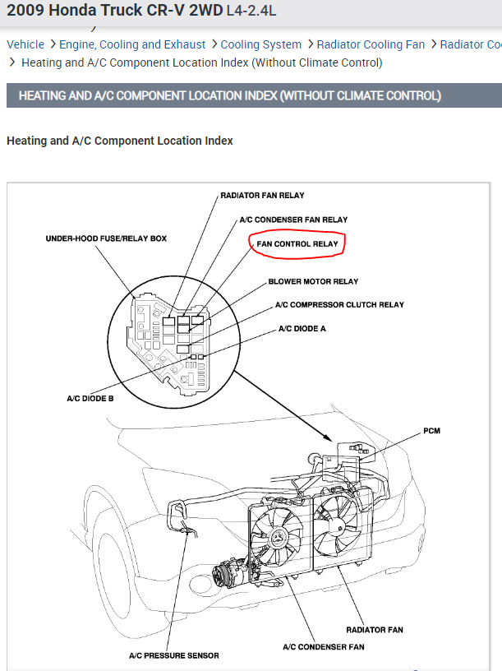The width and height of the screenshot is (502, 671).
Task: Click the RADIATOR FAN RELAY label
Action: (x=262, y=196)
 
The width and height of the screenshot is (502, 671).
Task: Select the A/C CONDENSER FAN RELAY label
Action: (x=293, y=220)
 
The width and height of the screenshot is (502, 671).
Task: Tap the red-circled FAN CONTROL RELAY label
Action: (x=297, y=244)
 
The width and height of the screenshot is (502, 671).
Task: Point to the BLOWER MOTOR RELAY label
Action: (x=313, y=282)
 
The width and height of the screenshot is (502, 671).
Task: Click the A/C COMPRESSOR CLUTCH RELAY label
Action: (x=339, y=305)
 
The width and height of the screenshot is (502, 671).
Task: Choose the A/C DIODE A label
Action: (x=302, y=328)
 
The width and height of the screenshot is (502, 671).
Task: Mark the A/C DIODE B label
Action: (x=90, y=399)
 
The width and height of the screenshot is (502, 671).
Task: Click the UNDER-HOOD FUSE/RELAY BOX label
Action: (x=106, y=238)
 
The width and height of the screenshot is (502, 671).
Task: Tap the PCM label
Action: (x=431, y=431)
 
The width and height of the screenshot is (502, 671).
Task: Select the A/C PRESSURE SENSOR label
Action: (x=174, y=655)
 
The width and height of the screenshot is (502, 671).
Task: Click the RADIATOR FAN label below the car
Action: (x=374, y=630)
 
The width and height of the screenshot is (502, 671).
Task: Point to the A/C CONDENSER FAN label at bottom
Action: (x=323, y=646)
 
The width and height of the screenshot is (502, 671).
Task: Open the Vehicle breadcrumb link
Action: (x=25, y=44)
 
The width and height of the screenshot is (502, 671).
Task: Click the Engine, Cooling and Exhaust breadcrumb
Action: (x=132, y=44)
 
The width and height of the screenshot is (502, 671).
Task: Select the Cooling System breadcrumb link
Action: (x=261, y=44)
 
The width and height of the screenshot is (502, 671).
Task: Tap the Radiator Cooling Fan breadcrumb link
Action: (x=371, y=44)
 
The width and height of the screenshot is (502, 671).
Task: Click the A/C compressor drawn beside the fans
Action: (x=226, y=574)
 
